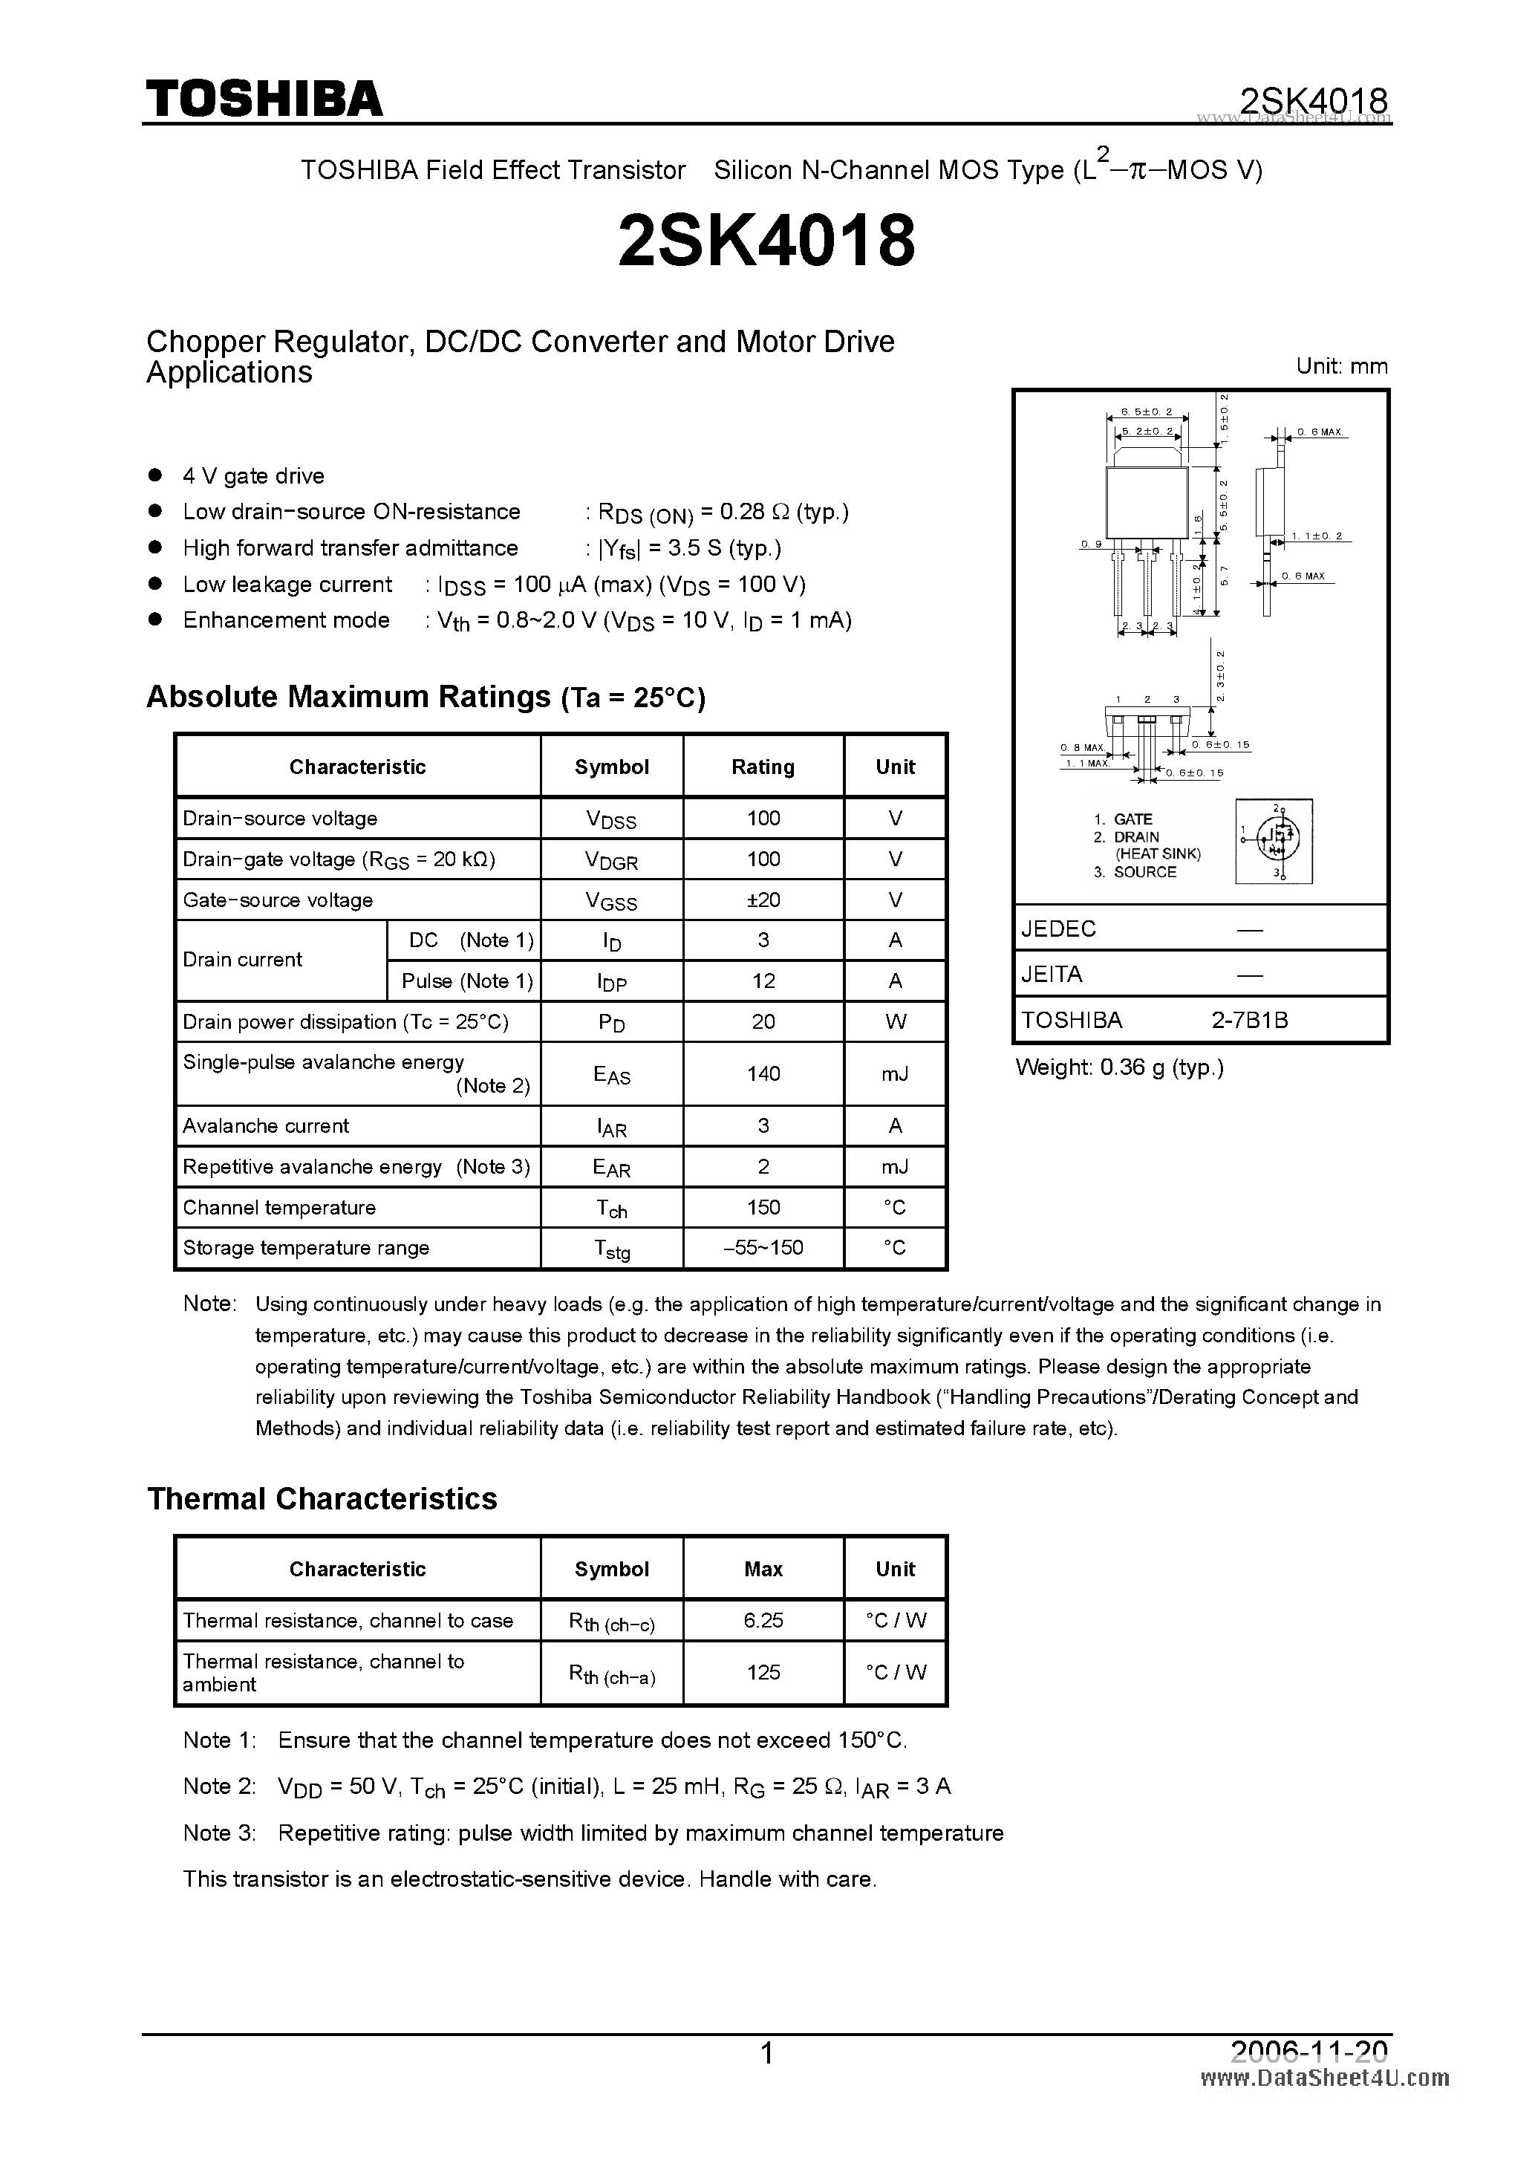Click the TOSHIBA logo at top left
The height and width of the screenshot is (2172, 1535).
pos(264,98)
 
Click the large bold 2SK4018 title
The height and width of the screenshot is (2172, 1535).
pos(766,240)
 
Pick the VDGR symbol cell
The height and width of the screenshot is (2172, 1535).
pos(611,860)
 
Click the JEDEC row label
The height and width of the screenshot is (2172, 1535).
pos(1058,929)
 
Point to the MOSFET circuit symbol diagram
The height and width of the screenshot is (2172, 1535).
pos(1274,841)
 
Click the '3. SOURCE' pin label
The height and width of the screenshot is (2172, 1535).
pos(1135,872)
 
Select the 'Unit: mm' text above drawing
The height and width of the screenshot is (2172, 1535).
pos(1341,366)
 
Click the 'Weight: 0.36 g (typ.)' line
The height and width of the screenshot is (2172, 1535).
pos(1119,1067)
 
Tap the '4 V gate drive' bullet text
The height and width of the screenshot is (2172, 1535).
pos(252,476)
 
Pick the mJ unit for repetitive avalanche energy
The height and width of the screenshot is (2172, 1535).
pos(895,1166)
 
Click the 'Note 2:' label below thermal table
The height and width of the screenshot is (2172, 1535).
pos(219,1786)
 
